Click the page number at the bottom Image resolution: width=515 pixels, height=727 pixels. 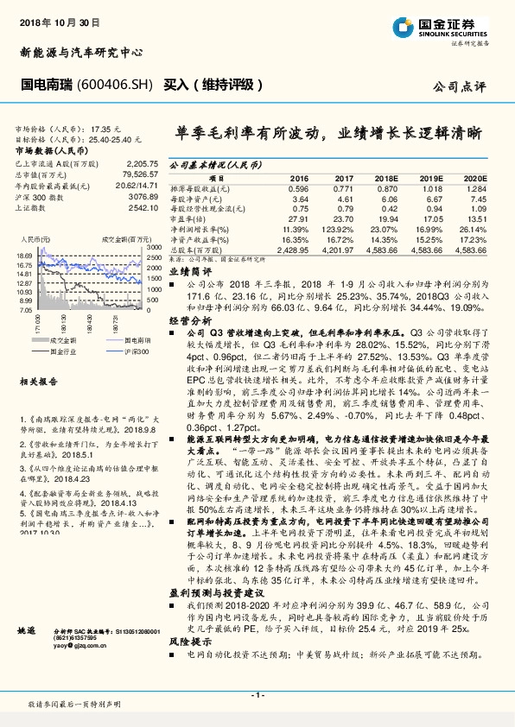[256, 695]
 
